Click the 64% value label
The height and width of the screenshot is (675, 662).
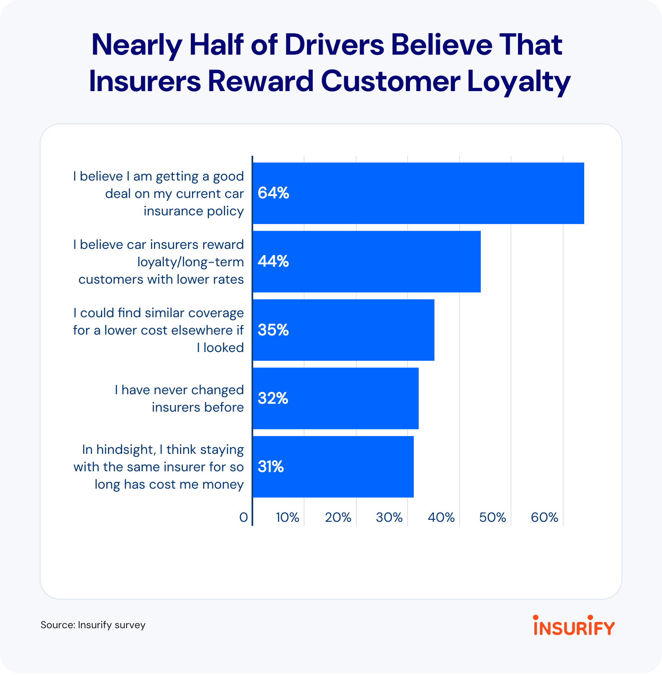point(273,193)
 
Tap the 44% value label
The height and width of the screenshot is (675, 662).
point(273,261)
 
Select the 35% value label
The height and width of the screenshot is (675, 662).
point(273,330)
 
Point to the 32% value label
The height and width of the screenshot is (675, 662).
point(273,398)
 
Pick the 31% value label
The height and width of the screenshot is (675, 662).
point(271,467)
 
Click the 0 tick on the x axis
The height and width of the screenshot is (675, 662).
point(243,517)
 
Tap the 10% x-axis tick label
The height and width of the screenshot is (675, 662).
point(288,517)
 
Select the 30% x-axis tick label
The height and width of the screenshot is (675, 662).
point(389,517)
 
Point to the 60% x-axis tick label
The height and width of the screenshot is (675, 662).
point(544,517)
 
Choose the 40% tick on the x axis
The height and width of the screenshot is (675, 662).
point(441,517)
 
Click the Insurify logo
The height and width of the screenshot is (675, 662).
point(574,626)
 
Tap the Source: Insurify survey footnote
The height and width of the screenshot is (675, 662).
point(93,625)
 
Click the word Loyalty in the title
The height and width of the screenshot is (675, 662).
point(519,82)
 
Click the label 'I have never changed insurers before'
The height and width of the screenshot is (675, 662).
point(179,398)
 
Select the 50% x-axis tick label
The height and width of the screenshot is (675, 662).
point(492,517)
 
